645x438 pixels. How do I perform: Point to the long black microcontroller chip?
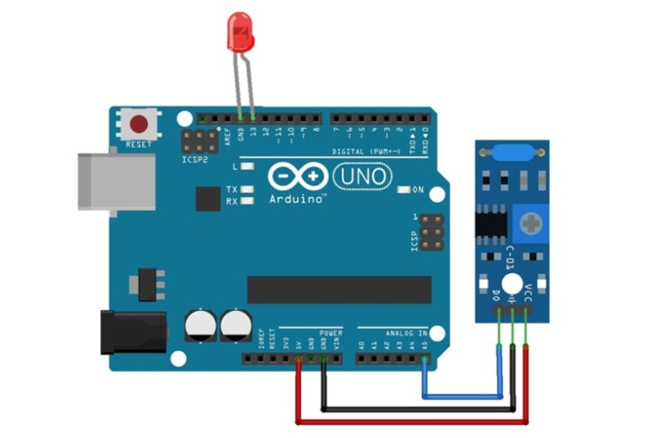click(340, 288)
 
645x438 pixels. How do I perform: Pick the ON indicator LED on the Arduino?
click(403, 190)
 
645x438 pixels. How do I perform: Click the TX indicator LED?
click(247, 190)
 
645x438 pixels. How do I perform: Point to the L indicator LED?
click(247, 167)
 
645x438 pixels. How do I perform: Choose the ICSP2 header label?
click(194, 160)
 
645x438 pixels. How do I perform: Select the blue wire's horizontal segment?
click(462, 396)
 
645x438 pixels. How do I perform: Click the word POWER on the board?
click(331, 333)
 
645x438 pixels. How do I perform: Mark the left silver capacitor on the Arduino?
click(200, 324)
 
